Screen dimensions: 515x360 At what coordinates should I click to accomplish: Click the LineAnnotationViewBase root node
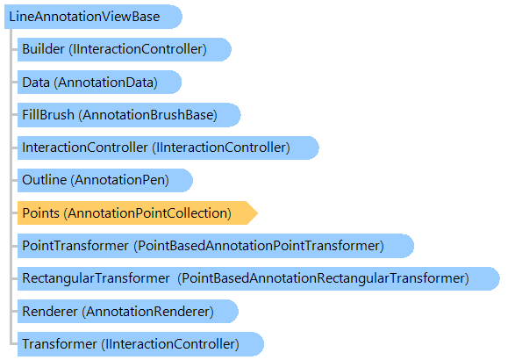coord(93,17)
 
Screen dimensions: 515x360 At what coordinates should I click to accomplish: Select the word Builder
coord(43,49)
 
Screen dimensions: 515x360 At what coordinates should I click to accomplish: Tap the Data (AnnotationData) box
coord(99,83)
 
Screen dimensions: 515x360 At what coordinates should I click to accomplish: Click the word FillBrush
coord(48,115)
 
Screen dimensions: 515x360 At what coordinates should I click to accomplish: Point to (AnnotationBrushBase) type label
coord(147,115)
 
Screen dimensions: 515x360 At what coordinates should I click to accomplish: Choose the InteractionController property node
coord(168,148)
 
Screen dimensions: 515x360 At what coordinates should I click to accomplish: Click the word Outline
coord(45,180)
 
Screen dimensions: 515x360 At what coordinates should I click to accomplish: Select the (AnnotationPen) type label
coord(119,180)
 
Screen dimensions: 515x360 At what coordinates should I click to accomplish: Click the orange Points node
coord(137,213)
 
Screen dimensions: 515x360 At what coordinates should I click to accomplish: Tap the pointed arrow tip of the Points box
coord(258,213)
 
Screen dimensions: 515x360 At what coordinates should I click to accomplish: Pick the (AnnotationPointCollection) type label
coord(147,213)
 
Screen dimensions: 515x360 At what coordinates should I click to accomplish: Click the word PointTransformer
coord(75,246)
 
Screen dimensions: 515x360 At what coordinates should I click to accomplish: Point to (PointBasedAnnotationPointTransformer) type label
coord(259,246)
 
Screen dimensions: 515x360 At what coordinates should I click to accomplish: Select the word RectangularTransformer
coord(96,278)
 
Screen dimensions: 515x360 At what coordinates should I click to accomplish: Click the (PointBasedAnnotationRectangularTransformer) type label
coord(323,278)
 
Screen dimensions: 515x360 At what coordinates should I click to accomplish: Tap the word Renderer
coord(50,311)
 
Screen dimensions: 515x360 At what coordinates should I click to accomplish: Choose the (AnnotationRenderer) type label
coord(147,312)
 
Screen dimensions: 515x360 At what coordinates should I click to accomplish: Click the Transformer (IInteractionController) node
coord(140,344)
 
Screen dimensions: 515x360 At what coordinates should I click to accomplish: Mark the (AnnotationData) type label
coord(106,83)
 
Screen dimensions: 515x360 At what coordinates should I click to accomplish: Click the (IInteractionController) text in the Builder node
coord(138,49)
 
